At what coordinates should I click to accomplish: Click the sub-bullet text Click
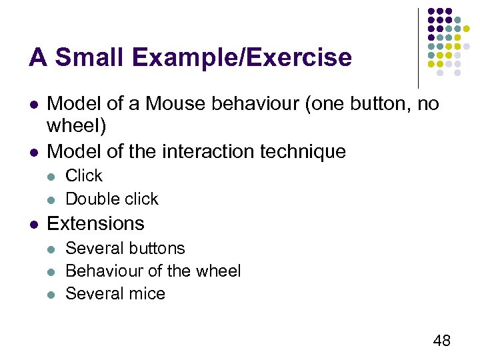coord(84,176)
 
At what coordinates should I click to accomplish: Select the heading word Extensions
coord(96,223)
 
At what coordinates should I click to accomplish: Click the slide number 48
coord(441,341)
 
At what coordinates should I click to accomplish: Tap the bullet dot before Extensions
coord(33,223)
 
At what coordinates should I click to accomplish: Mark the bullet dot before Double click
coord(52,199)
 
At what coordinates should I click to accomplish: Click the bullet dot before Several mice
coord(52,294)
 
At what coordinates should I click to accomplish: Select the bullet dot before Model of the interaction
coord(33,152)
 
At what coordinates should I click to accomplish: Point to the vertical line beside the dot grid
coord(418,47)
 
